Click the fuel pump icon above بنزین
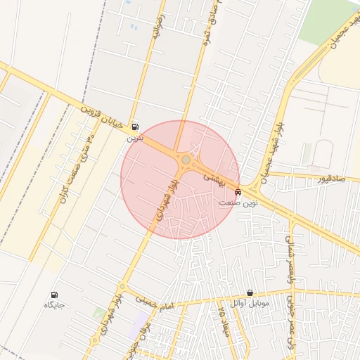pyautogui.click(x=135, y=127)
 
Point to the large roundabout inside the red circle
pyautogui.click(x=185, y=161)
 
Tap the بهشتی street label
pyautogui.click(x=212, y=178)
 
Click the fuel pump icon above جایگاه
pyautogui.click(x=55, y=295)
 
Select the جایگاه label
pyautogui.click(x=55, y=305)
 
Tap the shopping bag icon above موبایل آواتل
pyautogui.click(x=250, y=292)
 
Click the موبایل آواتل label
pyautogui.click(x=250, y=303)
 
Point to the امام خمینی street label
pyautogui.click(x=153, y=302)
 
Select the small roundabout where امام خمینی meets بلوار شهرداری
pyautogui.click(x=121, y=287)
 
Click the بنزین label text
pyautogui.click(x=135, y=139)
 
